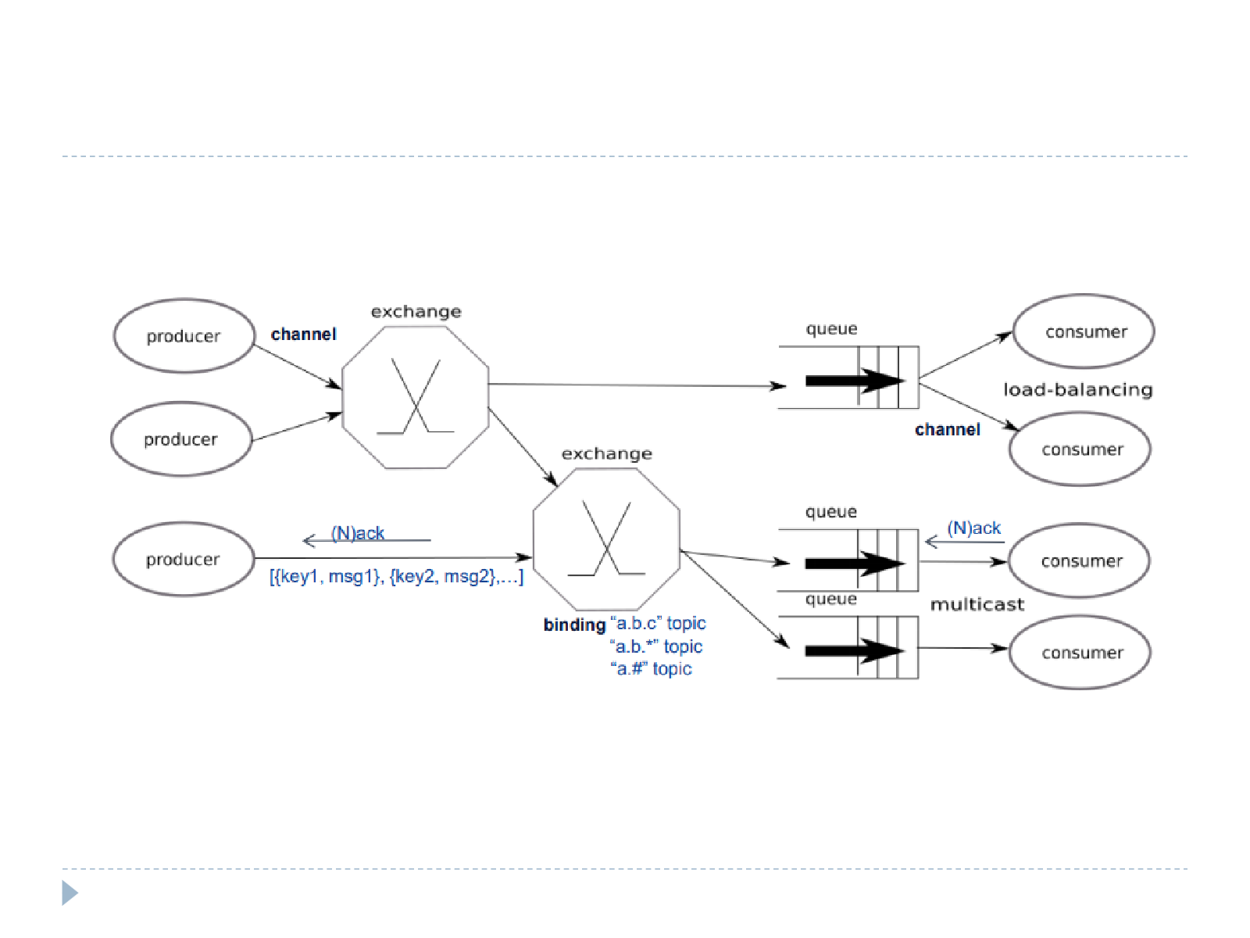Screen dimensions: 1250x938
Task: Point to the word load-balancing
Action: pyautogui.click(x=1078, y=389)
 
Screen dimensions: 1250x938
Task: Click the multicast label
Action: pyautogui.click(x=977, y=603)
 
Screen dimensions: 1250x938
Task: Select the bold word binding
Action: pyautogui.click(x=574, y=625)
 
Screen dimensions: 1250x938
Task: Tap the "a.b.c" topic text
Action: pyautogui.click(x=658, y=623)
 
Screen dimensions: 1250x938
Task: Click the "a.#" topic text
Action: pyautogui.click(x=651, y=668)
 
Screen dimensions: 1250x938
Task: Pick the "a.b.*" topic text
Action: pyautogui.click(x=656, y=646)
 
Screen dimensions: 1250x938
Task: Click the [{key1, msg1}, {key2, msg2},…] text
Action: pyautogui.click(x=396, y=576)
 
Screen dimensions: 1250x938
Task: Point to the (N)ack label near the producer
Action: pyautogui.click(x=358, y=533)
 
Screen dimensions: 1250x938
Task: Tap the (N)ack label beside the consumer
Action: pyautogui.click(x=973, y=528)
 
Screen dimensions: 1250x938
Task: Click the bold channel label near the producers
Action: pyautogui.click(x=304, y=334)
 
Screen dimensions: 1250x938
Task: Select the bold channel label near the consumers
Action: pyautogui.click(x=948, y=429)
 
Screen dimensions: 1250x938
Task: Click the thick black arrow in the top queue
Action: pyautogui.click(x=855, y=381)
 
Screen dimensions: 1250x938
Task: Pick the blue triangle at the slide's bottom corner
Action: pyautogui.click(x=70, y=893)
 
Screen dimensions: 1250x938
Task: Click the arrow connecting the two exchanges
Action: pyautogui.click(x=523, y=447)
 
